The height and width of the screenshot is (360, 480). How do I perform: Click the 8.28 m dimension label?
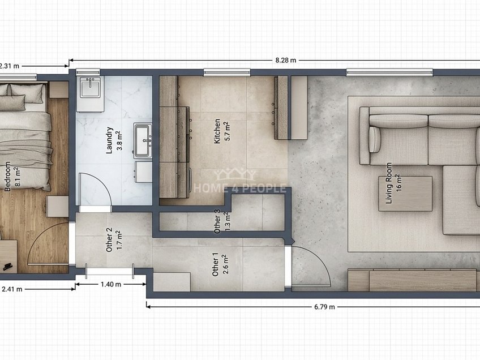tap(286, 61)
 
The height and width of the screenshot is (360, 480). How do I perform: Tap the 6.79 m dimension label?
tap(324, 307)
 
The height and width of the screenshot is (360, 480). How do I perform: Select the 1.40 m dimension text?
tap(111, 284)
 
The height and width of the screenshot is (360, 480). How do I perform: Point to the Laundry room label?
tap(109, 140)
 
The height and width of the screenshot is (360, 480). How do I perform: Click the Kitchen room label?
tap(217, 131)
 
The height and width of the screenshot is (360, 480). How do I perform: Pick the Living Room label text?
tap(389, 183)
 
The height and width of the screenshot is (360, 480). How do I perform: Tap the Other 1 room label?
tap(216, 264)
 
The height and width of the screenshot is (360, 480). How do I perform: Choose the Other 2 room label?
tap(109, 239)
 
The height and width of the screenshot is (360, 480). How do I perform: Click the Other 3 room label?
tap(217, 221)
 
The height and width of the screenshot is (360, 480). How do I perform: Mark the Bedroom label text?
tap(8, 177)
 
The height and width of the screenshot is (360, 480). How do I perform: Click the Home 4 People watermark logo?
tap(239, 181)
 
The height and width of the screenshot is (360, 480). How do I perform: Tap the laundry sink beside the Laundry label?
tap(143, 140)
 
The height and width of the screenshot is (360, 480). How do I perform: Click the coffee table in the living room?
tap(406, 194)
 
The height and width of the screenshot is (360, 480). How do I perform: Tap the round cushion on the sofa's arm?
tap(374, 140)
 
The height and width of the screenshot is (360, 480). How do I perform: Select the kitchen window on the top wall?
tap(227, 72)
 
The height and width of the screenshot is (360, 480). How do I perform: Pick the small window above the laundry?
tap(88, 72)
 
